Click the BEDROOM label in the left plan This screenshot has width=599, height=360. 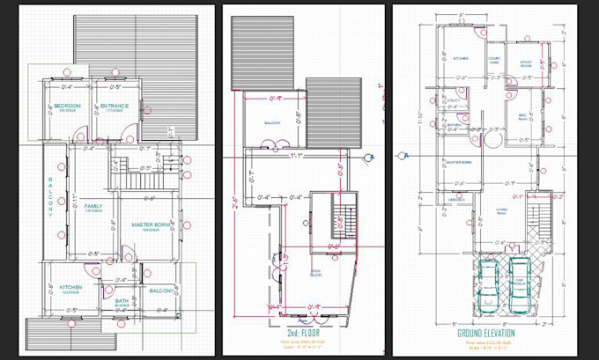67,107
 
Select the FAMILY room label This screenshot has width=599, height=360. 93,208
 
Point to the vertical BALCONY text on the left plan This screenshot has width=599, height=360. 51,195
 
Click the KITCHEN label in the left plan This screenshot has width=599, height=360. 71,288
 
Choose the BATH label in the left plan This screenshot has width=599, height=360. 122,300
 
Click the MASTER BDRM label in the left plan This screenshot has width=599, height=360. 150,225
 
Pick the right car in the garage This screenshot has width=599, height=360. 521,284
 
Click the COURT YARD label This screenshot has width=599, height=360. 495,62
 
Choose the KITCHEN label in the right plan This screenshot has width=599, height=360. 460,59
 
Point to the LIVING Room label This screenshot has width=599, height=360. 501,210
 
